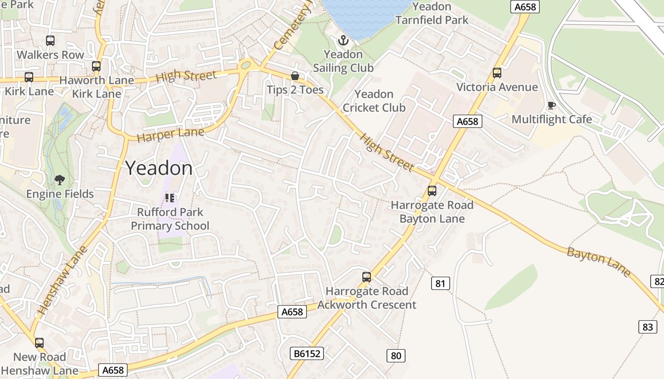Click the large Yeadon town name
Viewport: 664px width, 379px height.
(159, 168)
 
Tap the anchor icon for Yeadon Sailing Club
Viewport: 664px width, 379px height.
(342, 40)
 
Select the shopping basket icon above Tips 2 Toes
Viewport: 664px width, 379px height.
(295, 76)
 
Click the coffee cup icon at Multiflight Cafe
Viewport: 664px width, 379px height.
(551, 105)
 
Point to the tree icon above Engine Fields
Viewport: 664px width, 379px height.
(60, 180)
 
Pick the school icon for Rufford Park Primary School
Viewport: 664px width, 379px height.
(170, 198)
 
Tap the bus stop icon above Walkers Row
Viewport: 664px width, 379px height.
(50, 41)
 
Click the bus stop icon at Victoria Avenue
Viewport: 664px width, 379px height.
(497, 73)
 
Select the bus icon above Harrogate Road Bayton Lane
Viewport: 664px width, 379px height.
(432, 191)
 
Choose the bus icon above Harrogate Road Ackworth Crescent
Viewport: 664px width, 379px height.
(367, 277)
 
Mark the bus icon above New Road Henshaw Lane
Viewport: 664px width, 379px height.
(39, 343)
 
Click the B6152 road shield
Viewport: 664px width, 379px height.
(306, 353)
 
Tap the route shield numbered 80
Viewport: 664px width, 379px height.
(396, 355)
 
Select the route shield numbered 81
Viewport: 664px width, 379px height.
(440, 283)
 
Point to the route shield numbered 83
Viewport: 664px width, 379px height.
(648, 326)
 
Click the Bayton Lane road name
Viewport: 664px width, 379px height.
(599, 262)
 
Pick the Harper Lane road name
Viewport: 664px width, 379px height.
(171, 135)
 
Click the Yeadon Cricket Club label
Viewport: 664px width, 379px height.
(374, 101)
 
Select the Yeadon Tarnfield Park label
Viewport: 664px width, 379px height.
(432, 13)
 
